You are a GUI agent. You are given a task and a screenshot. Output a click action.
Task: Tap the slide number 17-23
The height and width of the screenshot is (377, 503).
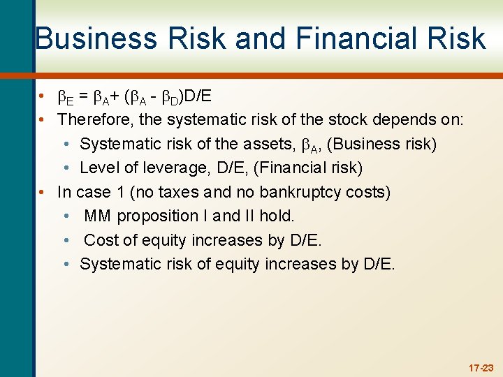481,367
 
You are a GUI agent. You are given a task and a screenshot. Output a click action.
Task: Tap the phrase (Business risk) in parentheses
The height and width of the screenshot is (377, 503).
382,144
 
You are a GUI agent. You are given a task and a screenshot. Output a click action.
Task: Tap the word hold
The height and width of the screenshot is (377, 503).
277,216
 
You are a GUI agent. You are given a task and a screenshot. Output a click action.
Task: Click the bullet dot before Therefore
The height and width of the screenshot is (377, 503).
43,119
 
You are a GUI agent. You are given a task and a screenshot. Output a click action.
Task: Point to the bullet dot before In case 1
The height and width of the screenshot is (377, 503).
43,192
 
